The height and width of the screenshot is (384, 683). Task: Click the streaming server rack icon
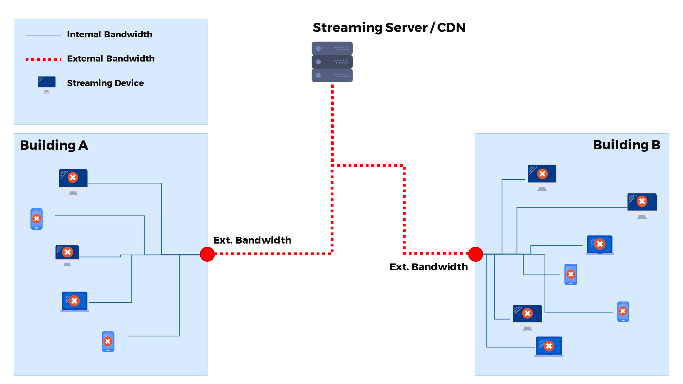click(332, 62)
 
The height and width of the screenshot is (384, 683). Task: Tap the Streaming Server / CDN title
click(388, 27)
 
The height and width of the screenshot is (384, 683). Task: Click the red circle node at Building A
click(207, 254)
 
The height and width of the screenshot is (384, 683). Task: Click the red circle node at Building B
click(475, 254)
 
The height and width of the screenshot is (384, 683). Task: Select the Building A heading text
click(54, 145)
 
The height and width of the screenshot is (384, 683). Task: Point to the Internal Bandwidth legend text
click(110, 34)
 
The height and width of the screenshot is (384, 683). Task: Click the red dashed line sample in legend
click(43, 60)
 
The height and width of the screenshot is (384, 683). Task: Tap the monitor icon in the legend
click(47, 84)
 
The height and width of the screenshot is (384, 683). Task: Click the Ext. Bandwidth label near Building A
click(252, 240)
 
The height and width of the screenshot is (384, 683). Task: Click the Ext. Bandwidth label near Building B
click(429, 267)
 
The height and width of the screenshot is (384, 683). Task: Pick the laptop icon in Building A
click(75, 302)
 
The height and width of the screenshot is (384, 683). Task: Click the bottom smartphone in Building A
click(108, 342)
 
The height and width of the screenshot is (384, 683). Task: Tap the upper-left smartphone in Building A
click(36, 219)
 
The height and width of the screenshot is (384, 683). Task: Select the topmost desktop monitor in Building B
click(542, 177)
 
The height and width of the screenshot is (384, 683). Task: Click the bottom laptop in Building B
click(549, 346)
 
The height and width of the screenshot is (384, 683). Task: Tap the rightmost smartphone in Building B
click(623, 311)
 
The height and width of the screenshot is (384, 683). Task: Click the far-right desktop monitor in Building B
click(642, 205)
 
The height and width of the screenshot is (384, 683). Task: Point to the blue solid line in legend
click(43, 36)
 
